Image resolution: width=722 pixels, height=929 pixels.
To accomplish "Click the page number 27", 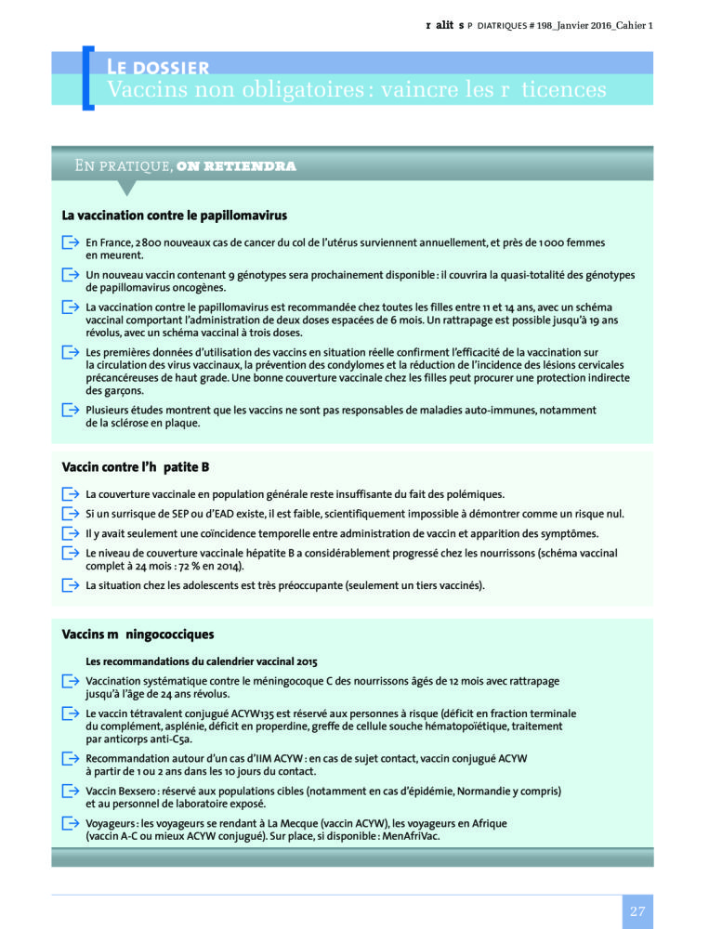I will click(637, 911).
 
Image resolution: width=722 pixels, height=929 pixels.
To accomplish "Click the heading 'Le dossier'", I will click(157, 67).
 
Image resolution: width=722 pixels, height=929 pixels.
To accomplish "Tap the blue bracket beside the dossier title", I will click(87, 78).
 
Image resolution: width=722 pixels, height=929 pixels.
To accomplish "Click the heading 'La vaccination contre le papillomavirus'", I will click(174, 216).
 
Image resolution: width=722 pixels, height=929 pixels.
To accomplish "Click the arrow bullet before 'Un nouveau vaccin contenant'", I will click(70, 275).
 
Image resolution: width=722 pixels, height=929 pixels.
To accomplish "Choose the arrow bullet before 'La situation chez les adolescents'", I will click(70, 585).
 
